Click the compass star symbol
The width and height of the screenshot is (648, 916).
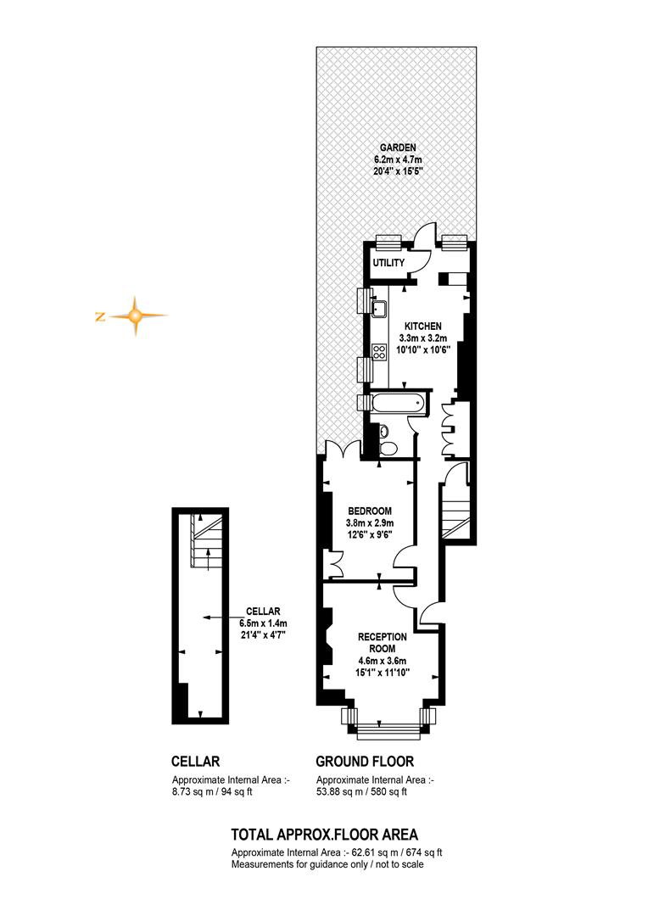[135, 316]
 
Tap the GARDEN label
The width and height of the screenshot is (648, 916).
[398, 148]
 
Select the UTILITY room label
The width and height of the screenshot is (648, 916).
[388, 263]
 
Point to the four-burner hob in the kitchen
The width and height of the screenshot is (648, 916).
[380, 351]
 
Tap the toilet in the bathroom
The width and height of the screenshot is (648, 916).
[387, 449]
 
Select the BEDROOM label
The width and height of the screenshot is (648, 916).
[369, 511]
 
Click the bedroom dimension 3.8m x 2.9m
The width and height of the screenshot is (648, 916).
[369, 522]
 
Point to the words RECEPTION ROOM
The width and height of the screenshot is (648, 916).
[383, 643]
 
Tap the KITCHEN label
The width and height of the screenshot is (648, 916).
[423, 326]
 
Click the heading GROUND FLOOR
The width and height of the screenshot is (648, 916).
[365, 762]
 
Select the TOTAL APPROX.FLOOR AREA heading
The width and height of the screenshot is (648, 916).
[324, 835]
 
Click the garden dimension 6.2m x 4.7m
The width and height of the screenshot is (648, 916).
[398, 159]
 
